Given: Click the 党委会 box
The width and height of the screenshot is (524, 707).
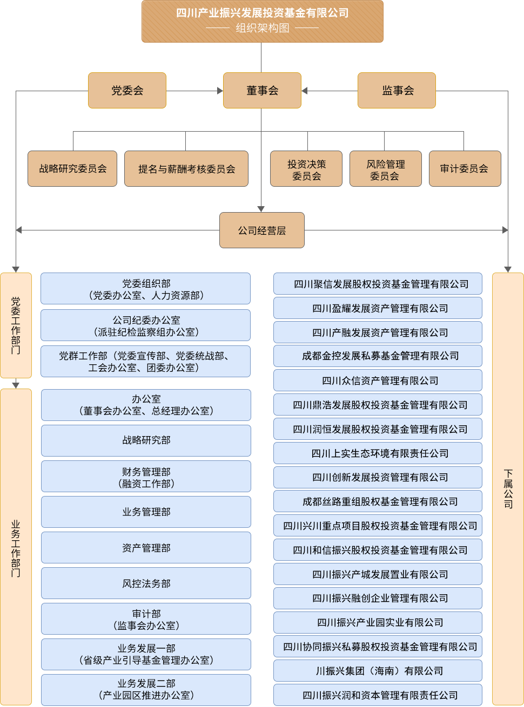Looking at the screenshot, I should click(127, 91).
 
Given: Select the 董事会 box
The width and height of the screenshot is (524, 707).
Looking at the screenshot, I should click(262, 91).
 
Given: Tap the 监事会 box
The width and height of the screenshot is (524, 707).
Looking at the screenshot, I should click(397, 91).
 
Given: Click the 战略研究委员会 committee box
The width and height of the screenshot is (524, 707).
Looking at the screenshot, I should click(73, 169).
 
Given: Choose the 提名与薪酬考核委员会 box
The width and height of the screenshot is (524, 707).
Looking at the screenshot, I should click(186, 169).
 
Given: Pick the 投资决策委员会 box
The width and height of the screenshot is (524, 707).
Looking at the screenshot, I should click(306, 169).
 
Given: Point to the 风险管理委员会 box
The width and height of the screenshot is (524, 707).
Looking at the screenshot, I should click(385, 169).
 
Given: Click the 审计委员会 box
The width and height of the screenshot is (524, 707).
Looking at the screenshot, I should click(464, 169).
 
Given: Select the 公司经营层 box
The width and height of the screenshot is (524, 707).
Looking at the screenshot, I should click(262, 230).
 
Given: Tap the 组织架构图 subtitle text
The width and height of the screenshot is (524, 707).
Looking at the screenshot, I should click(263, 28).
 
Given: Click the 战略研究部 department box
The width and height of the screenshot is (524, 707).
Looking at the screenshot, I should click(146, 440).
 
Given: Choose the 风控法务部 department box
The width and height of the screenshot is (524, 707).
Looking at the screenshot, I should click(146, 583).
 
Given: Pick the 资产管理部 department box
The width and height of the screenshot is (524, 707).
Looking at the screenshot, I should click(146, 548).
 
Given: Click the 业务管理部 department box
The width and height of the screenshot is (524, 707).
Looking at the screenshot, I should click(146, 512).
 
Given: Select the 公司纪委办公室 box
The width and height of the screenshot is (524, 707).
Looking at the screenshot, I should click(146, 326).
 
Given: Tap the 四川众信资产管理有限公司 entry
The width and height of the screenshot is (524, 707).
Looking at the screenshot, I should click(380, 380).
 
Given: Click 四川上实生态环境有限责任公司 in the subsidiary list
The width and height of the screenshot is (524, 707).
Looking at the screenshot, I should click(380, 453).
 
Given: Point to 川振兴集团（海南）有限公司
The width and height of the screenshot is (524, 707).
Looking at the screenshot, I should click(380, 671).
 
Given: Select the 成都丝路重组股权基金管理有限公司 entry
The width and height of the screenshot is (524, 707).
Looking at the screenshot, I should click(380, 501).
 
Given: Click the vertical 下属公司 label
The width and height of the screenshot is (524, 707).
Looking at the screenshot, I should click(508, 489).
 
